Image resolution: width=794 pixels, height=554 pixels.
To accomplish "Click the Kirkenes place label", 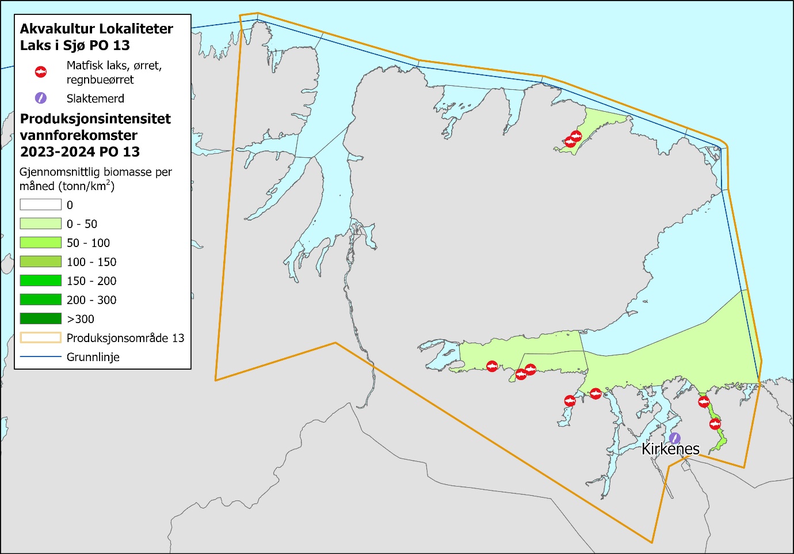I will tap(670, 449).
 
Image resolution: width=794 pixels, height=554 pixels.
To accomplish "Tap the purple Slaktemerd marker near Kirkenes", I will tap(675, 438).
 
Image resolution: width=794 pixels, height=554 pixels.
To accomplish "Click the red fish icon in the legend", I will tap(41, 72).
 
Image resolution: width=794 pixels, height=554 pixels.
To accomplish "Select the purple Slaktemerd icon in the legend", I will tap(41, 98).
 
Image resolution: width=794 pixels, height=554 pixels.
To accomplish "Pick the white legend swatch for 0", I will tap(41, 204).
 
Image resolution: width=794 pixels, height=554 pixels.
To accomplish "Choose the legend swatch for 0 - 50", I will tap(41, 223).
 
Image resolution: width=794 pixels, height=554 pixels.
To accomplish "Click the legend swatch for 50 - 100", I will tap(41, 242).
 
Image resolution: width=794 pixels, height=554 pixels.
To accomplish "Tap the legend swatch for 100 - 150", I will tap(41, 261).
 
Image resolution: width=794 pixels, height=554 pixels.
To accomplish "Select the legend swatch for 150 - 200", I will tap(41, 280).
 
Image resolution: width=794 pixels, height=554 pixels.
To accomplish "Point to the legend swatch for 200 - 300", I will tap(41, 299).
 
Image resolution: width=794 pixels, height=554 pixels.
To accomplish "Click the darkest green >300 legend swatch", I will tap(41, 318).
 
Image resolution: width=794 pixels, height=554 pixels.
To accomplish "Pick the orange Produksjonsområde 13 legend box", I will tap(41, 337).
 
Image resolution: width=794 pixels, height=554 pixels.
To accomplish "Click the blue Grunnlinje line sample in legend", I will tap(41, 357).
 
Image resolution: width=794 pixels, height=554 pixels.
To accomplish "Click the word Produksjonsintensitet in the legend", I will tap(96, 119).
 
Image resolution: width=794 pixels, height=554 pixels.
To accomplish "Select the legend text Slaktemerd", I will tap(96, 98).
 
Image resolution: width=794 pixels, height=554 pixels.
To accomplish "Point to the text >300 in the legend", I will tap(81, 319).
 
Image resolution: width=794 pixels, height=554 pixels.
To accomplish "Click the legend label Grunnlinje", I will tap(93, 357).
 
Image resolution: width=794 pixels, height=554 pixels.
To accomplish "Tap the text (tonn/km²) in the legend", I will tap(85, 186).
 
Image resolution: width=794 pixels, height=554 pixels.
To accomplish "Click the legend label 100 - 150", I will tap(91, 262).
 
